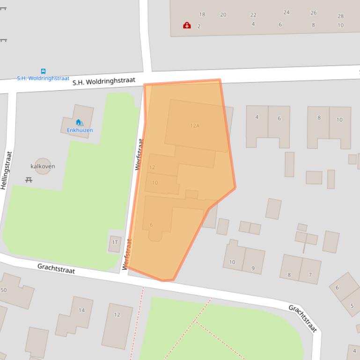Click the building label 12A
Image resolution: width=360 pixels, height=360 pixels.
(x=195, y=125)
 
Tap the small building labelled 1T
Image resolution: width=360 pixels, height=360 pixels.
(x=115, y=243)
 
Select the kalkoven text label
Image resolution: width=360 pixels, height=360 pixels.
(x=43, y=166)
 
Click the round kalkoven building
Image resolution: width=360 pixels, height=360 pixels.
(x=43, y=166)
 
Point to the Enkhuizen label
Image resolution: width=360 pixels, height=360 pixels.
(x=80, y=130)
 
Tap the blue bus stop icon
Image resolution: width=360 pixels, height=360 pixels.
(x=43, y=72)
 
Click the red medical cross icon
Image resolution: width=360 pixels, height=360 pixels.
(x=187, y=25)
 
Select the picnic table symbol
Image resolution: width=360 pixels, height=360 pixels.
(x=29, y=180)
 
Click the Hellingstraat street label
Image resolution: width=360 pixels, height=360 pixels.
(x=6, y=170)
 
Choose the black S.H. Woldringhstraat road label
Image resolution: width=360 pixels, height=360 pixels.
(x=103, y=81)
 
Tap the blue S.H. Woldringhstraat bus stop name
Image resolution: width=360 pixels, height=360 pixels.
(x=43, y=78)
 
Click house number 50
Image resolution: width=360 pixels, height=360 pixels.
(x=4, y=290)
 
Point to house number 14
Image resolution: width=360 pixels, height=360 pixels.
(x=81, y=310)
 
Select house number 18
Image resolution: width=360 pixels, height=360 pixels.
(x=202, y=14)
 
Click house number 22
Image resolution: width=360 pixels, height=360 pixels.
(x=253, y=15)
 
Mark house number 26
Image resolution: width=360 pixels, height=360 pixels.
(x=313, y=13)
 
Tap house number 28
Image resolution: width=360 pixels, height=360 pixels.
(x=340, y=16)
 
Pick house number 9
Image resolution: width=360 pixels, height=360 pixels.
(x=253, y=268)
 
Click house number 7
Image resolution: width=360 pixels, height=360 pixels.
(x=310, y=275)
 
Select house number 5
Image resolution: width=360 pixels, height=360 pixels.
(x=352, y=306)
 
